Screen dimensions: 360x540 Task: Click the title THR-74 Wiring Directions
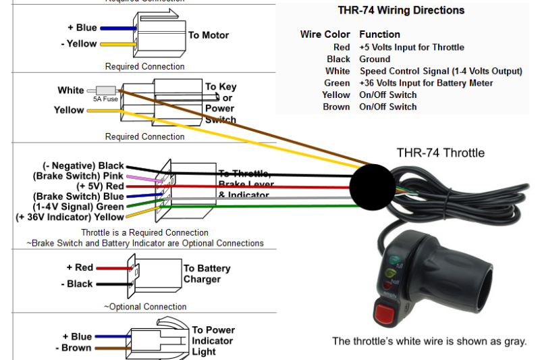(x=401, y=11)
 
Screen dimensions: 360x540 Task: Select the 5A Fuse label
(x=105, y=99)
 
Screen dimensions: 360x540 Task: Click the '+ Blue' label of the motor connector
(x=82, y=28)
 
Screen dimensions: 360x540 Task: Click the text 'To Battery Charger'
(x=207, y=274)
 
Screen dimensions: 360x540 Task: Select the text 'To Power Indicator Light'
(x=213, y=340)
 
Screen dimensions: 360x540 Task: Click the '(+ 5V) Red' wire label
(x=101, y=186)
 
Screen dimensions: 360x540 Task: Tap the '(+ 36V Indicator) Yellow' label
(x=70, y=217)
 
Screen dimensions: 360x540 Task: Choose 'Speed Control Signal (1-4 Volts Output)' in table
(x=441, y=71)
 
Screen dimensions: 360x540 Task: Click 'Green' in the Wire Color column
(x=337, y=83)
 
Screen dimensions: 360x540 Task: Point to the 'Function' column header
(x=379, y=34)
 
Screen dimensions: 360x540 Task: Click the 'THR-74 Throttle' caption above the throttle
(x=440, y=153)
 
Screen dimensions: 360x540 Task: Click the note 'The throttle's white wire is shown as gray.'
(x=429, y=341)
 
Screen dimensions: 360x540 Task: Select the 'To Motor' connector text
(x=209, y=35)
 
